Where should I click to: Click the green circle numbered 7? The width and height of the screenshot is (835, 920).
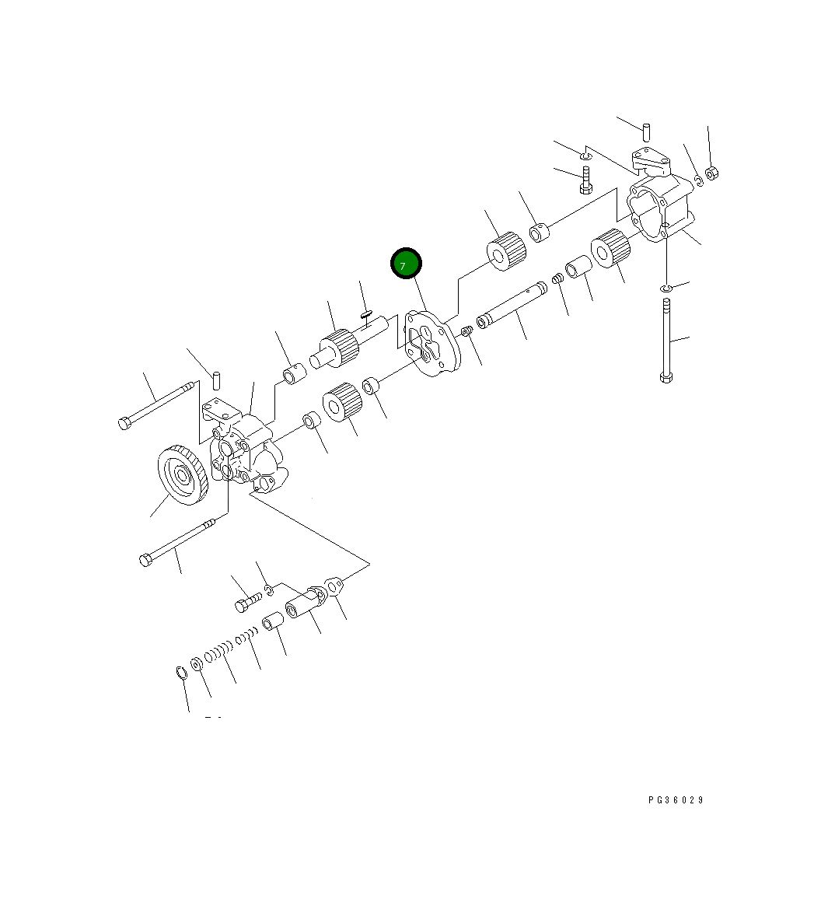[x=406, y=264]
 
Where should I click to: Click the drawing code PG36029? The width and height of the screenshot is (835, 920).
[x=676, y=799]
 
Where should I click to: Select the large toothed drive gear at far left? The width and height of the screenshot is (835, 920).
[x=183, y=475]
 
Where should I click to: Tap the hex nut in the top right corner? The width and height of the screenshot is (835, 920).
[x=712, y=173]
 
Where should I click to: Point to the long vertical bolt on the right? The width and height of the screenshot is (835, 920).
[x=666, y=341]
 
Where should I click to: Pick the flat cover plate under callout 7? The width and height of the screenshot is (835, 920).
[x=433, y=344]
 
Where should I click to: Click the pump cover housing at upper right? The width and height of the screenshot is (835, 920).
[x=659, y=197]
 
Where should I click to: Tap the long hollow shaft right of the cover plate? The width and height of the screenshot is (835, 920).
[x=512, y=305]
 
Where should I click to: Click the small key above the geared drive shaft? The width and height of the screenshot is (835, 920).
[x=366, y=315]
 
